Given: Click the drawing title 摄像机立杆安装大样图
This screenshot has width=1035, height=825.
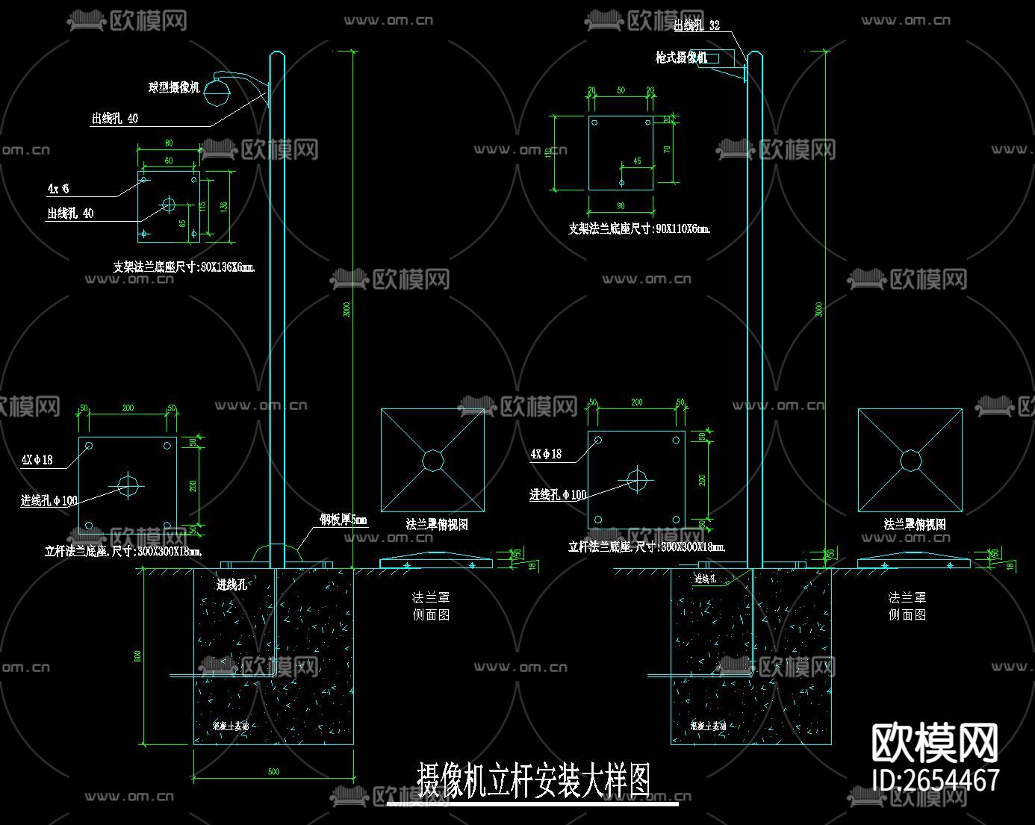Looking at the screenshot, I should (x=533, y=781).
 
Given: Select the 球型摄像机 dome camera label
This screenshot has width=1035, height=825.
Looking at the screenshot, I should (x=174, y=88).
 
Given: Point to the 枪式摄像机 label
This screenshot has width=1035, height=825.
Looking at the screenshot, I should (x=680, y=57).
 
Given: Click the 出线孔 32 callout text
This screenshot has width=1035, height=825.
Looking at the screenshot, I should (x=697, y=25).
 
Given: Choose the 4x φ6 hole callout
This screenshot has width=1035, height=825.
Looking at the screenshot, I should (x=58, y=189).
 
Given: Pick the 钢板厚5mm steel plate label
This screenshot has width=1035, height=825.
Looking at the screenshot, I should (x=344, y=520).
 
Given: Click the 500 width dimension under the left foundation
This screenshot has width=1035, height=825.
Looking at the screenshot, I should (x=273, y=771).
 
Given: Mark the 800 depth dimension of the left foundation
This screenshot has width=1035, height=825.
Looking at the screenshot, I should (x=137, y=656).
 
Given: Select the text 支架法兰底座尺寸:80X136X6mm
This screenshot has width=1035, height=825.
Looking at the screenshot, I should (x=184, y=267).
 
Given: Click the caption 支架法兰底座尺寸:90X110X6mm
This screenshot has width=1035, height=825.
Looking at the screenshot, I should (x=639, y=228).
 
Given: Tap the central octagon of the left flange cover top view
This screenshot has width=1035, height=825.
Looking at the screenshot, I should (x=433, y=459).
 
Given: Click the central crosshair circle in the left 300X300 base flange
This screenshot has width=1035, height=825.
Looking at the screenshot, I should (x=128, y=486).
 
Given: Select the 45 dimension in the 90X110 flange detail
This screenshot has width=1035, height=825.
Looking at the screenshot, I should (x=637, y=161).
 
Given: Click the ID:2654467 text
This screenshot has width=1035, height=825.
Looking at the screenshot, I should (x=936, y=779).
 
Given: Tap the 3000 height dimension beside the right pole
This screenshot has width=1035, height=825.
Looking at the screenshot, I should (x=819, y=308).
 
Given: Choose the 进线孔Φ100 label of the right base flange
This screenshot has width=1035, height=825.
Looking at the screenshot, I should (x=558, y=495).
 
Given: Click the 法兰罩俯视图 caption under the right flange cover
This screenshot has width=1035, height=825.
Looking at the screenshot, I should (x=915, y=524).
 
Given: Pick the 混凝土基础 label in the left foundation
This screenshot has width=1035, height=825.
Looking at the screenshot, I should (x=230, y=726).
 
